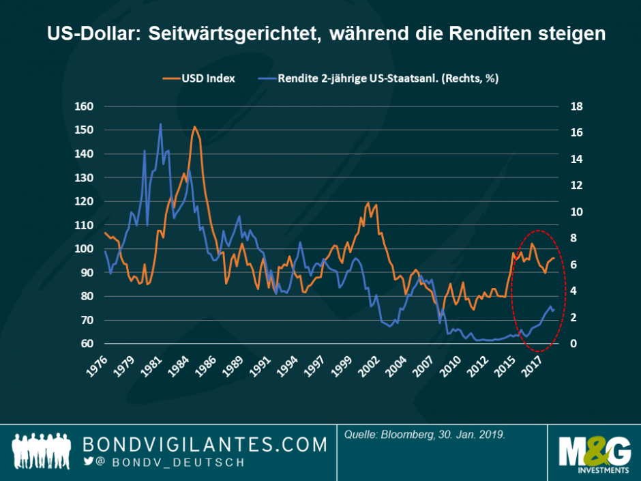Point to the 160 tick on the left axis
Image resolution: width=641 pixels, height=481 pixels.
[85, 106]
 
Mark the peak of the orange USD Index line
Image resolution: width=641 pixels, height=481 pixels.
[194, 127]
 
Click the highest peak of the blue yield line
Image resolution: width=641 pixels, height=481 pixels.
[160, 124]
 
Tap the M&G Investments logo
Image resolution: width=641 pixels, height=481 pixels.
[593, 454]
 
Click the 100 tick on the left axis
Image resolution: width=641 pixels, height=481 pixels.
[85, 249]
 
